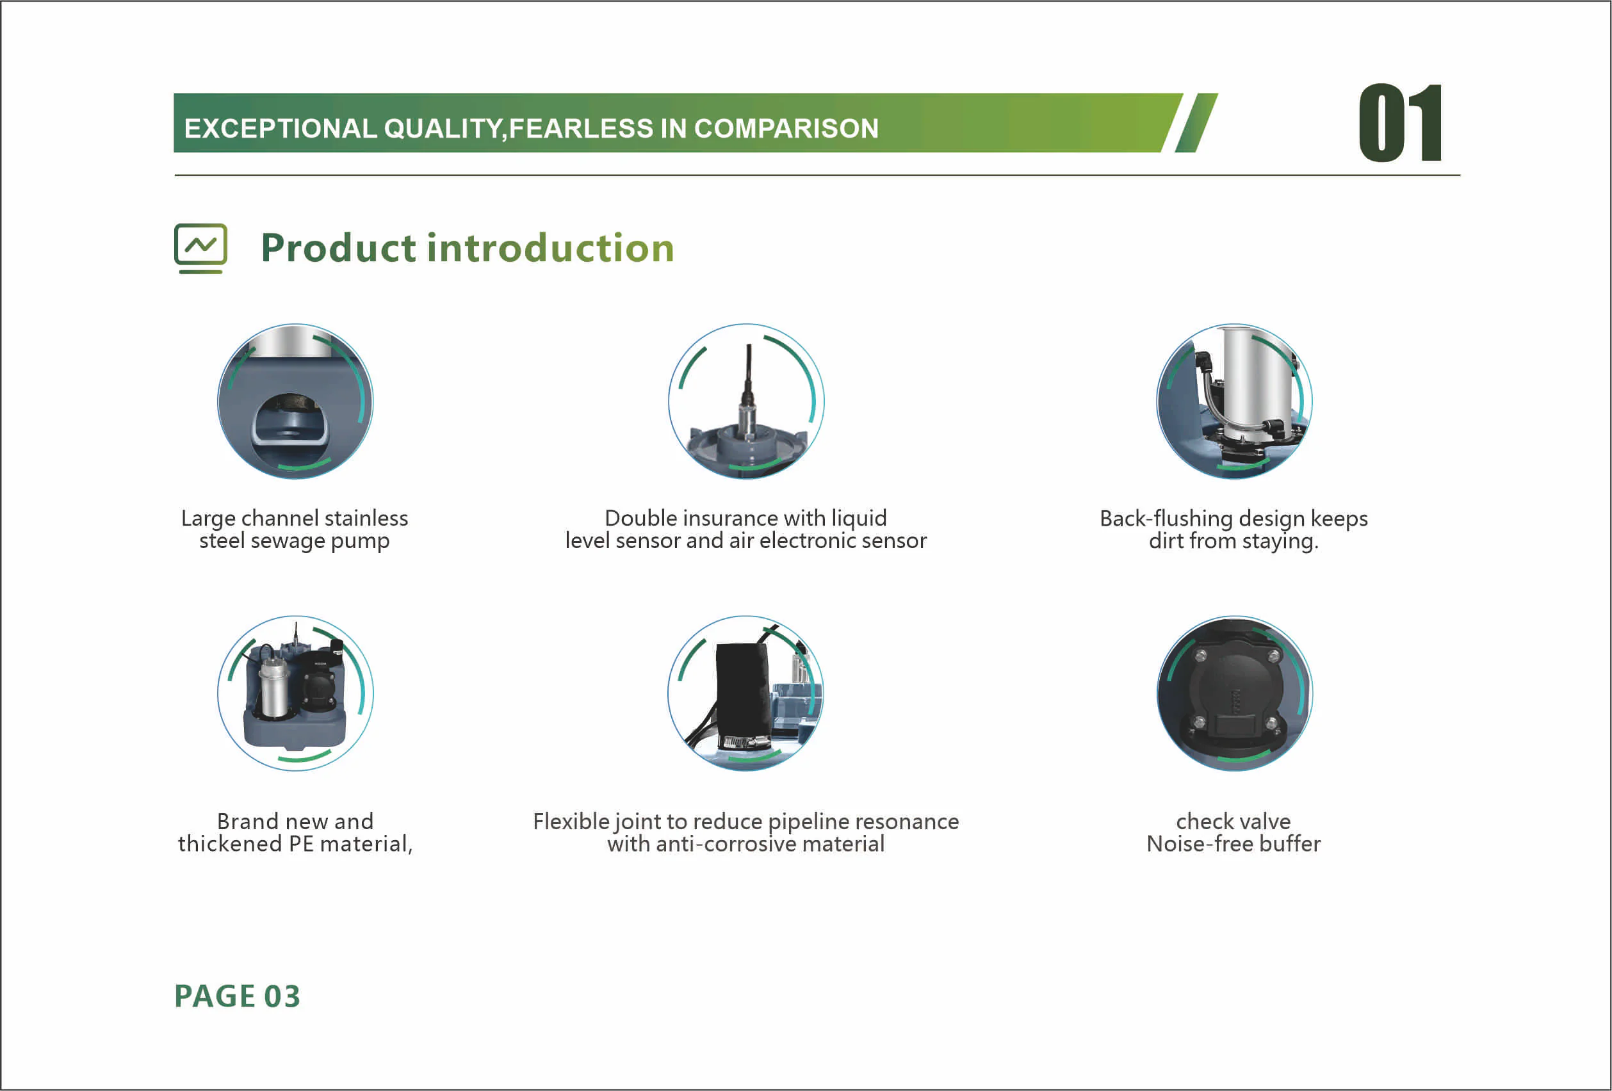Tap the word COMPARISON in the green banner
[786, 128]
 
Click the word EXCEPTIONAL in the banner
[281, 128]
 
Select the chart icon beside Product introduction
[200, 248]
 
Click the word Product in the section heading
[339, 248]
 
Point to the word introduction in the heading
[551, 248]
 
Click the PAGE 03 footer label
[237, 996]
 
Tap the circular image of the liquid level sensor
[745, 401]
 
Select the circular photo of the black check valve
[1234, 693]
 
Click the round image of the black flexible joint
[745, 693]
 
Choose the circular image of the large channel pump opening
[295, 401]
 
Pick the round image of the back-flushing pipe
[1234, 401]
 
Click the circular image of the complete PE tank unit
[295, 693]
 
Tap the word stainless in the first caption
[366, 518]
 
